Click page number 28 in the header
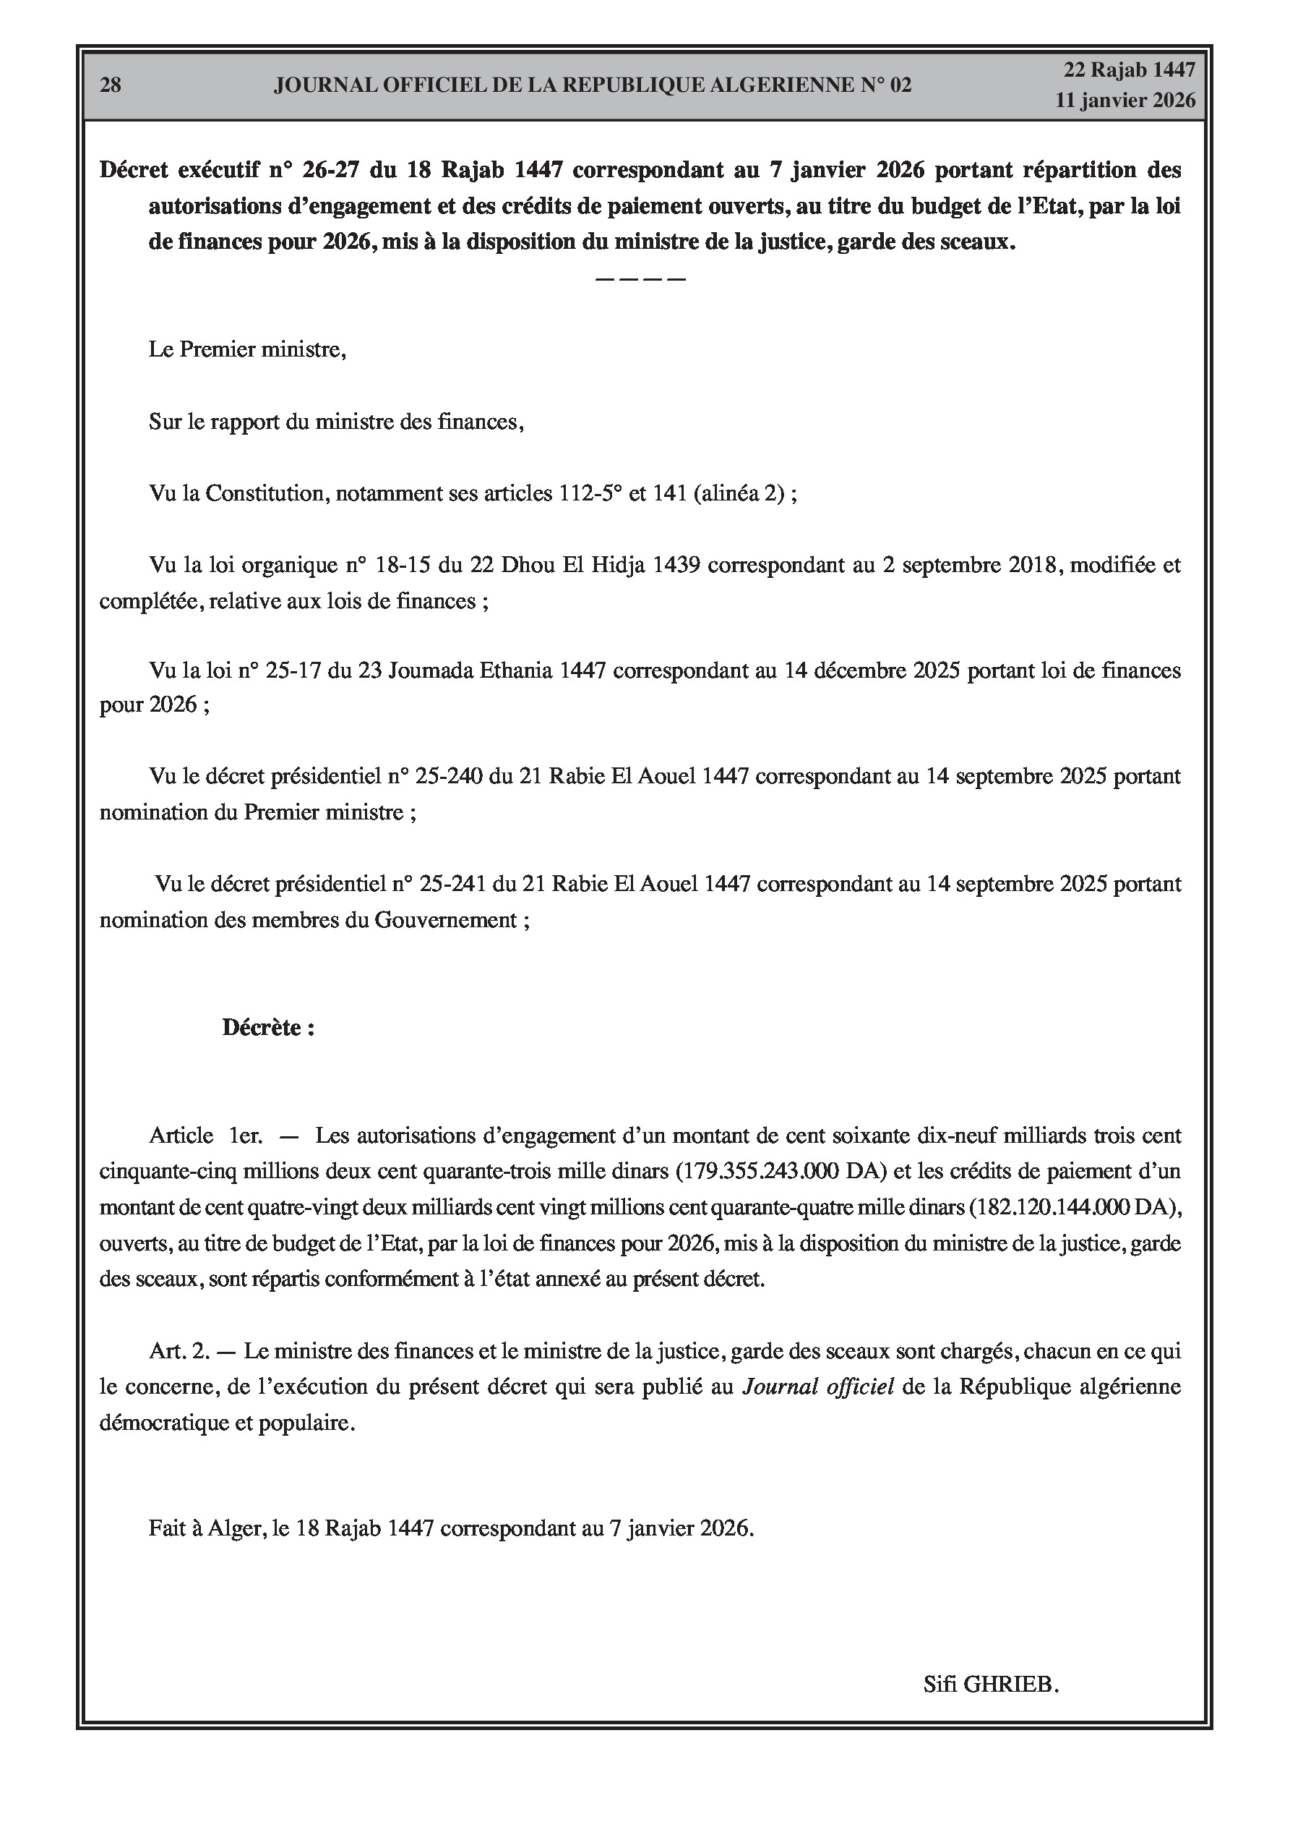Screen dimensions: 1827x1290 111,85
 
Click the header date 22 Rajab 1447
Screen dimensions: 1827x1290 1130,70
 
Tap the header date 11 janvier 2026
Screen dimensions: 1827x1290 1125,101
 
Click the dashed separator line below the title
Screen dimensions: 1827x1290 640,279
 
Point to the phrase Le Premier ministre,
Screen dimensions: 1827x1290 247,349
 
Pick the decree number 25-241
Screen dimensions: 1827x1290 455,883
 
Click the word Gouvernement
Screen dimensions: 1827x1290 446,920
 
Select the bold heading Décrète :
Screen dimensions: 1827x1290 268,1028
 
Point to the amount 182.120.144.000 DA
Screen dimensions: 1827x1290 1070,1207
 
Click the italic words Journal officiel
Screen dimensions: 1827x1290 817,1387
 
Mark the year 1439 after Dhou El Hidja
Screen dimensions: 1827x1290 676,565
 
